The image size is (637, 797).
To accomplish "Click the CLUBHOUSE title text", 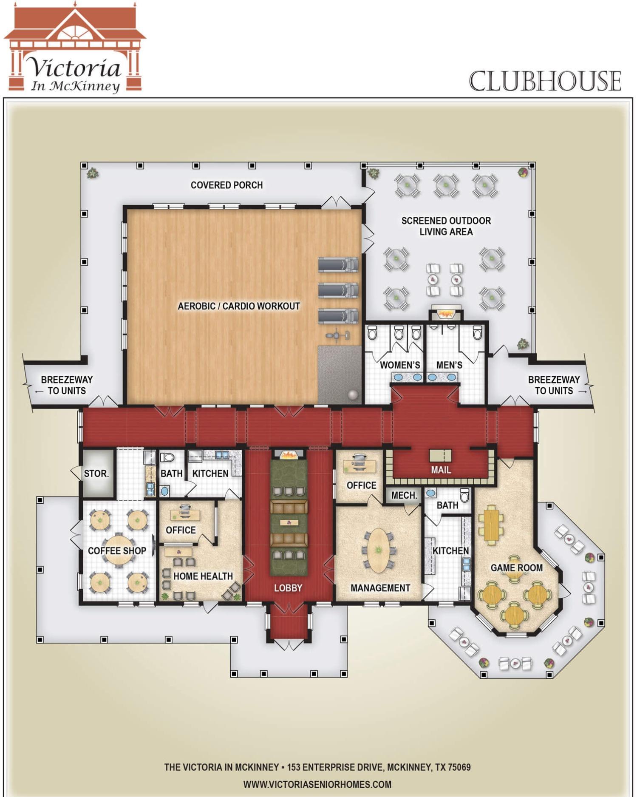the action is pyautogui.click(x=545, y=81).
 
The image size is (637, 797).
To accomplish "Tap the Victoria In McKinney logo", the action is pyautogui.click(x=75, y=48).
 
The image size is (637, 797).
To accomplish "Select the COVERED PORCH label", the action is pyautogui.click(x=226, y=185).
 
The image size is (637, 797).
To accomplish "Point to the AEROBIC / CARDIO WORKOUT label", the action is pyautogui.click(x=239, y=306).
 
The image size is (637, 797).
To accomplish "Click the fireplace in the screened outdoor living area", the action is pyautogui.click(x=445, y=313).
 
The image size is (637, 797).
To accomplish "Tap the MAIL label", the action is pyautogui.click(x=441, y=470).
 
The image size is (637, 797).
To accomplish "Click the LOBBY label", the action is pyautogui.click(x=288, y=588).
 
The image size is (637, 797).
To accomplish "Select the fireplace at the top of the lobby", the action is pyautogui.click(x=289, y=454).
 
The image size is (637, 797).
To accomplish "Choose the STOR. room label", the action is pyautogui.click(x=96, y=474).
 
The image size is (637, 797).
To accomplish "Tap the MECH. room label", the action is pyautogui.click(x=404, y=495).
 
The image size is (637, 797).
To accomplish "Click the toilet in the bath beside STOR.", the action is pyautogui.click(x=167, y=458).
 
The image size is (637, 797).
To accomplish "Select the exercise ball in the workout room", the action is pyautogui.click(x=353, y=394).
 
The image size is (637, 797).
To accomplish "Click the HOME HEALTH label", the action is pyautogui.click(x=203, y=576).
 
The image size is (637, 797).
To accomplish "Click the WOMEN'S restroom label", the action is pyautogui.click(x=400, y=365).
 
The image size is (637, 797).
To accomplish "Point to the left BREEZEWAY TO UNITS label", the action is pyautogui.click(x=67, y=385).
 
